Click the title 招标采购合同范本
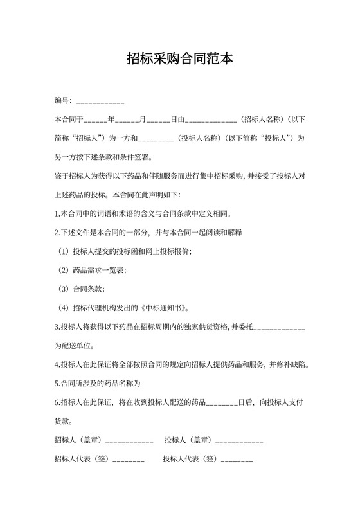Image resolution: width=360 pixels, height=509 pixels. coord(179,60)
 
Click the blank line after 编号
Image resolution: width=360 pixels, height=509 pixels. coord(100,102)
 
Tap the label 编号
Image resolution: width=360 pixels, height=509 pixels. coord(62,101)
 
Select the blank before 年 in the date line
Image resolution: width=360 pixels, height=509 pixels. coord(96,120)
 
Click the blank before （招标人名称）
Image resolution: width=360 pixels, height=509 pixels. coord(212,120)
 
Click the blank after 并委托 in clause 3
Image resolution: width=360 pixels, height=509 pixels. coord(280,328)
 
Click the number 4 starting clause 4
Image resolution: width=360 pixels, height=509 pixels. coord(57,365)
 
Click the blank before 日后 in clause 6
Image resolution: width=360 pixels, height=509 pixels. coord(222,403)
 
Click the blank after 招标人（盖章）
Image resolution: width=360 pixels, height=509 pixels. coord(129,442)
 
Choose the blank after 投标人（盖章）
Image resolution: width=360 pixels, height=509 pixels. coord(239,442)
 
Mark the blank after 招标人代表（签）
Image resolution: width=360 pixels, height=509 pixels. coord(129,460)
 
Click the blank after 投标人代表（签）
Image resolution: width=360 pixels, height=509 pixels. coord(237,460)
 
